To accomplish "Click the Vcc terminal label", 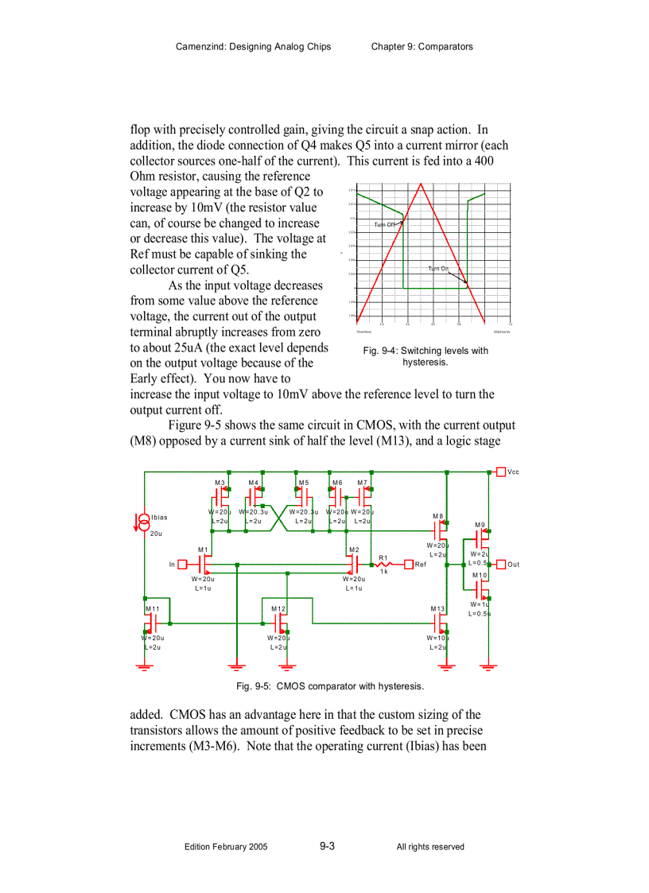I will [x=513, y=472].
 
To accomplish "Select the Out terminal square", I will [x=501, y=565].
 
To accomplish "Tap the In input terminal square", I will [x=182, y=565].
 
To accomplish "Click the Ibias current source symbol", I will [x=143, y=522].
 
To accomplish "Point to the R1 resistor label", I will [x=383, y=558].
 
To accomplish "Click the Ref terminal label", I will [x=421, y=565].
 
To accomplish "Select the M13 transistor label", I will [x=437, y=608].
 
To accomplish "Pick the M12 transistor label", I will [x=278, y=608].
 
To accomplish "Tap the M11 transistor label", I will [x=152, y=608].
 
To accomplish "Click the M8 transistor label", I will [x=437, y=516].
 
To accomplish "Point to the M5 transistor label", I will [x=304, y=483].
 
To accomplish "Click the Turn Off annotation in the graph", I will [x=385, y=225].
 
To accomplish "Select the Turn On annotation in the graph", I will [x=438, y=269].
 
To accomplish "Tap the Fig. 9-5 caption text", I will [x=330, y=685].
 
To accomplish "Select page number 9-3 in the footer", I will [x=327, y=846].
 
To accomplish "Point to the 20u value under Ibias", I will [x=156, y=534].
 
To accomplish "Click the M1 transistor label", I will [x=203, y=549].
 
